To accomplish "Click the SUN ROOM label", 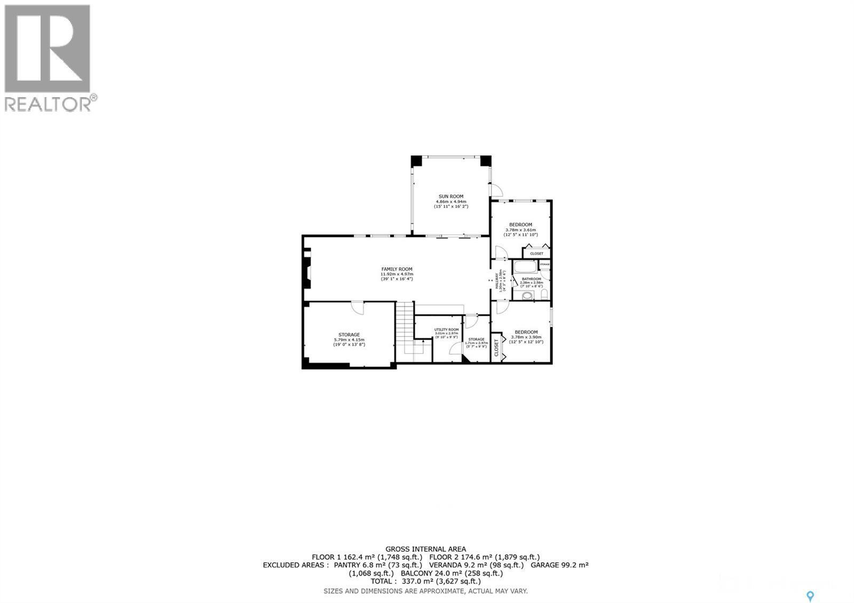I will (x=451, y=196).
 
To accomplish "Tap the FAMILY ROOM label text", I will (x=397, y=269).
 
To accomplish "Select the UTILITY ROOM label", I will (x=446, y=330).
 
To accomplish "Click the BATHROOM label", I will (x=531, y=279).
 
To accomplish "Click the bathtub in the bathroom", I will (x=525, y=267).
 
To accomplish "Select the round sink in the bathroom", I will (x=526, y=295).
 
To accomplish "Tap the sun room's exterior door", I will (x=496, y=189).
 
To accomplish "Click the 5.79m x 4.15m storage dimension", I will (x=349, y=340).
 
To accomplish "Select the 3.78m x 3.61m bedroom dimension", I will (x=520, y=229).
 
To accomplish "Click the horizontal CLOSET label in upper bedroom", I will (x=536, y=253).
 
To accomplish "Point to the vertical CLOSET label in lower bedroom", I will (x=496, y=347).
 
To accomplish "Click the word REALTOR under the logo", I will (x=48, y=104).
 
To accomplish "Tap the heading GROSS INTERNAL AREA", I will (x=425, y=549).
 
